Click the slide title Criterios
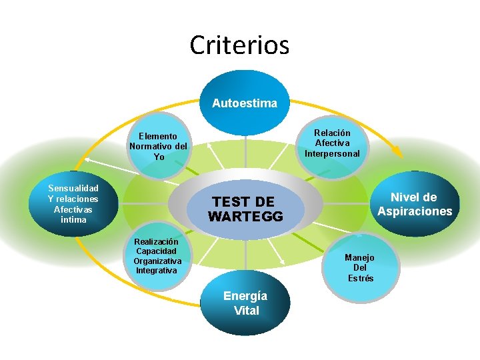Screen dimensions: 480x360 (x=239, y=45)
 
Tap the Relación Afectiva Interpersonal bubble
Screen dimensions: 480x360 (x=332, y=143)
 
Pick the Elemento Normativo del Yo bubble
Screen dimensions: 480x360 (x=159, y=146)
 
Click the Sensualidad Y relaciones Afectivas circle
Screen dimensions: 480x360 (x=73, y=203)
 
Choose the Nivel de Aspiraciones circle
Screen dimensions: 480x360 (x=414, y=204)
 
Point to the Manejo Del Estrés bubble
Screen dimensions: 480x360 (x=360, y=267)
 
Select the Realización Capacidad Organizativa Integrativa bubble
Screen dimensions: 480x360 (x=156, y=256)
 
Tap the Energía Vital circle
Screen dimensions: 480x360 (x=245, y=303)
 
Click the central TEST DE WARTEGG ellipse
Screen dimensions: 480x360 (x=245, y=209)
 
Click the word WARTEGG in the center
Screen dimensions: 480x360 (x=245, y=217)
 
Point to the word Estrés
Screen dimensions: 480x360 (x=361, y=278)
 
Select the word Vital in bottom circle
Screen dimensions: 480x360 (x=246, y=310)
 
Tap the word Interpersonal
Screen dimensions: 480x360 (x=332, y=153)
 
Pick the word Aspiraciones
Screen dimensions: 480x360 (x=415, y=211)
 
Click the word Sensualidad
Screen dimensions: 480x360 (x=73, y=188)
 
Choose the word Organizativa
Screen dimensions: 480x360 (x=157, y=261)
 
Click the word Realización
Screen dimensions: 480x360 (x=156, y=241)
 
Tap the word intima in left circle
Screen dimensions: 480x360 (x=73, y=219)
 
